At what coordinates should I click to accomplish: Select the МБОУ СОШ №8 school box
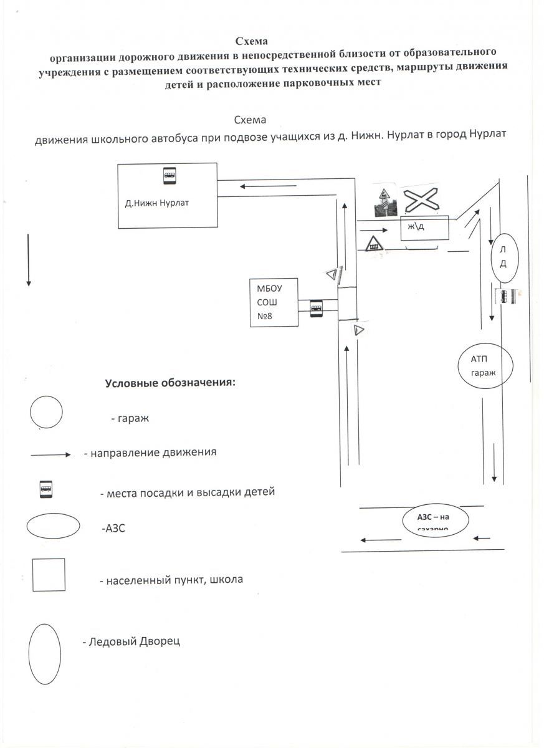coord(273,302)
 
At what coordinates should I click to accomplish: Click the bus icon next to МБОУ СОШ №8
coord(317,307)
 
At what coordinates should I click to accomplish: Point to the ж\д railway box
coord(424,227)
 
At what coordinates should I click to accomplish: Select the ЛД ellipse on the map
coord(503,256)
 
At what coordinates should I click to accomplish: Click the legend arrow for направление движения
coord(51,454)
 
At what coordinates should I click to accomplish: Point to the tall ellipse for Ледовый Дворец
coord(45,654)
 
